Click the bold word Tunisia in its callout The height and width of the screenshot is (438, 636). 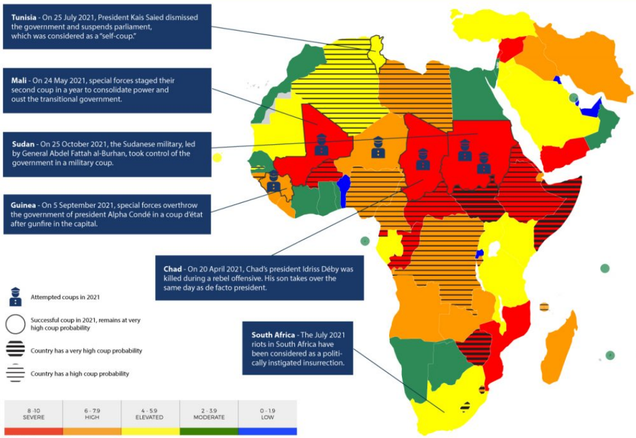24,17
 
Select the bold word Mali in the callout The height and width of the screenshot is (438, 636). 19,80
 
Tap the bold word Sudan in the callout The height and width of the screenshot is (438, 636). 23,144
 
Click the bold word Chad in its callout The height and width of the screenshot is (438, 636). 173,269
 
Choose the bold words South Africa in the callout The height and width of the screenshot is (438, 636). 273,335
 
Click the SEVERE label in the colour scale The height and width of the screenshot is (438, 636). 34,417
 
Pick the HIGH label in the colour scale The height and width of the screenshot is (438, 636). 92,417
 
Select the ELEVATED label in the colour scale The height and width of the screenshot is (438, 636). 149,417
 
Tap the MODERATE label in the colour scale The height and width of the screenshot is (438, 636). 209,417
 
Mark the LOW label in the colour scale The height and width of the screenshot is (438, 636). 267,417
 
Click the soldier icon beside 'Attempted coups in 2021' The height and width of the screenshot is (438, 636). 16,296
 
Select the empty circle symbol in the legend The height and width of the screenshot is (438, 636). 16,325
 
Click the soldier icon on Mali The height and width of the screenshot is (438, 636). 321,144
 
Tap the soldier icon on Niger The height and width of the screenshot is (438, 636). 378,147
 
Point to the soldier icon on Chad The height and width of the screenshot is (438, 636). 422,159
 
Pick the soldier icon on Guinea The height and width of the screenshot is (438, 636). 273,181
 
